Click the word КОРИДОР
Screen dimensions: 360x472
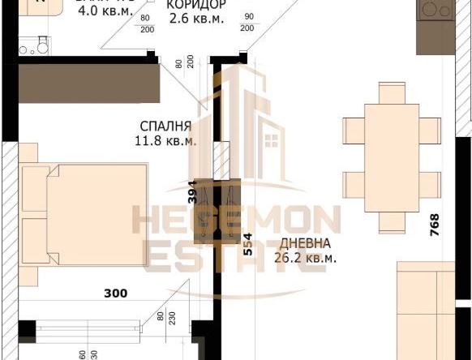click(x=195, y=6)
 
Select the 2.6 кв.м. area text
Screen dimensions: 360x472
click(x=195, y=19)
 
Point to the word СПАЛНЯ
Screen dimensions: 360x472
click(x=165, y=126)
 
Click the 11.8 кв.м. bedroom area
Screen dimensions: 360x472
click(x=165, y=140)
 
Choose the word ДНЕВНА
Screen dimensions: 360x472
click(x=305, y=244)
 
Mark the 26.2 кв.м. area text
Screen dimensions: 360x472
click(x=305, y=258)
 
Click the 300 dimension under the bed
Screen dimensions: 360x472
click(x=116, y=293)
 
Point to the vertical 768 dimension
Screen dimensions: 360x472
click(x=435, y=225)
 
